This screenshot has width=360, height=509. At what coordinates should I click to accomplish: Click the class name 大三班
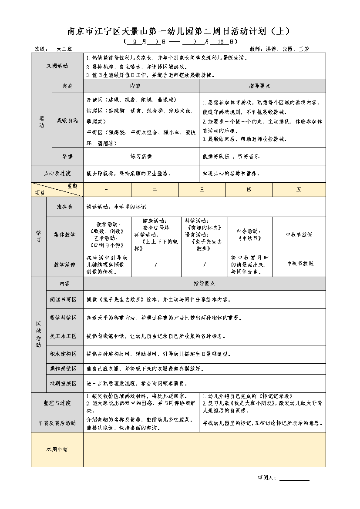coord(65,49)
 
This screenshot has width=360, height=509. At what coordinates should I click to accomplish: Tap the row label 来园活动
coord(57,66)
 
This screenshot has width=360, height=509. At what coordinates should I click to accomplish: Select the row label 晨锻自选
coord(67,120)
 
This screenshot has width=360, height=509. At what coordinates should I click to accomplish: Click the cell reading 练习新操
coord(141,156)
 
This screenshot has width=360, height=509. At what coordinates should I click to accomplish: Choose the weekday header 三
coord(202,189)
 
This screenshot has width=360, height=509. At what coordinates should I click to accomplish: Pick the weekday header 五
coord(299,189)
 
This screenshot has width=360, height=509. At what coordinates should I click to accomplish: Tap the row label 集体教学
coord(64,235)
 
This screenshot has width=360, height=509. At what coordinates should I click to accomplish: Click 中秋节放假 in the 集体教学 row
coord(299,235)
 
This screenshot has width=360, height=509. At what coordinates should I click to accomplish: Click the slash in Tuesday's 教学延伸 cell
coord(155,265)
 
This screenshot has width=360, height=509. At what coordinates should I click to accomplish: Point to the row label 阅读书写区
coord(64,300)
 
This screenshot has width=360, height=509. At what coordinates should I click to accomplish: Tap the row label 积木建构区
coord(64,354)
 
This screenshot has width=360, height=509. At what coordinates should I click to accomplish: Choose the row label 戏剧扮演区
coord(64,383)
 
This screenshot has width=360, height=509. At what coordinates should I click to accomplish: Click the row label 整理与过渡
coord(57,403)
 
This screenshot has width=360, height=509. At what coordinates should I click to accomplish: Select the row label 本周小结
coord(57,449)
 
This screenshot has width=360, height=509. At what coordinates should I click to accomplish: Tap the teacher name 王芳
coord(304,49)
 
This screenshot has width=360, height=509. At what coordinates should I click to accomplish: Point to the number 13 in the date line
coord(220,42)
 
